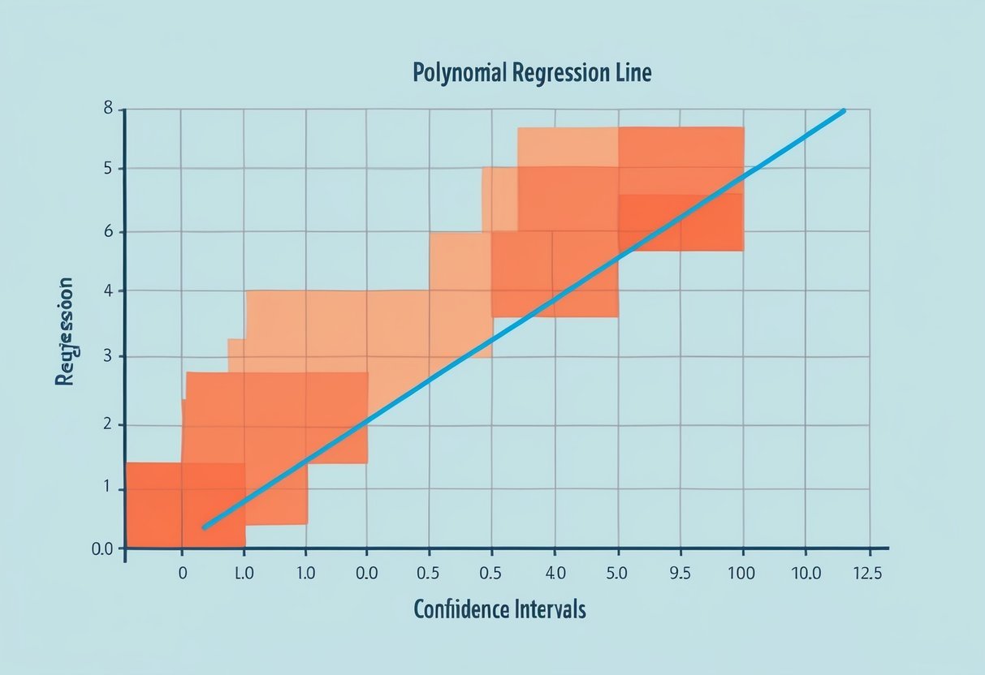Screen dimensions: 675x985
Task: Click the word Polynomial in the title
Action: [458, 73]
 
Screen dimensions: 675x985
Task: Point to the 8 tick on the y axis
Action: [108, 110]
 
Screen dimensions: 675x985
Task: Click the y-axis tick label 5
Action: [108, 170]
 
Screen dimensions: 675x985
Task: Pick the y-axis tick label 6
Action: [108, 232]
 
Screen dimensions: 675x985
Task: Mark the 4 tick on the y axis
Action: [108, 291]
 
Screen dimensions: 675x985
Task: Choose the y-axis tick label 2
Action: [108, 424]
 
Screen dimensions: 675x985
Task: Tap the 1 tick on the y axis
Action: [108, 490]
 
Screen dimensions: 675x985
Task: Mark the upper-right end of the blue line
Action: [844, 110]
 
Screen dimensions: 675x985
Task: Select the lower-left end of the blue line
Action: [205, 527]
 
